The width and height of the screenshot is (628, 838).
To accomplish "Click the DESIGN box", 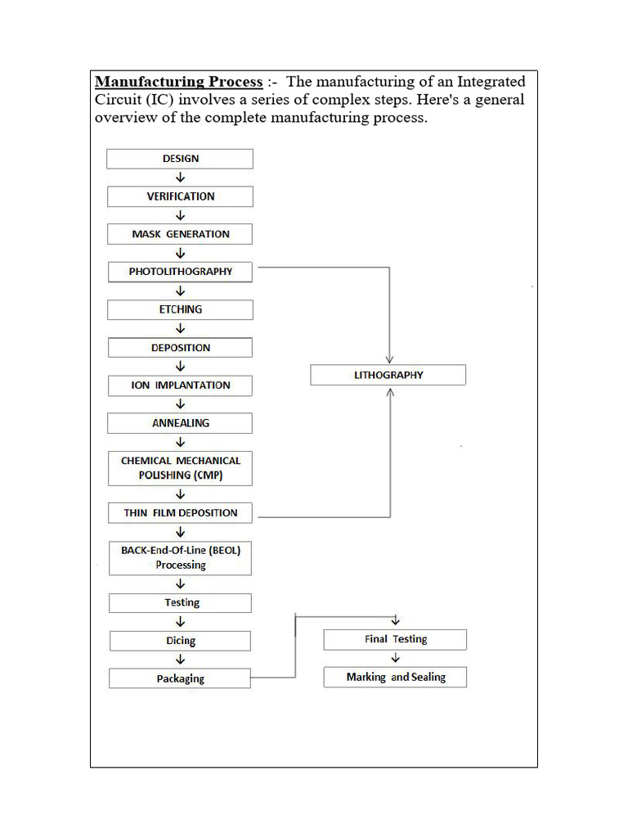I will coord(180,159).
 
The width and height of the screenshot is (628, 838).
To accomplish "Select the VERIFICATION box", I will coord(180,196).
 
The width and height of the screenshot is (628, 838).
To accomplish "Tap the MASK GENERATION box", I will coord(180,234).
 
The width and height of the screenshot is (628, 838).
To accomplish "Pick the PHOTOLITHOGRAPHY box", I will coord(180,272).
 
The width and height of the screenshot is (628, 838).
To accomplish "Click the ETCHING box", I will coord(180,310).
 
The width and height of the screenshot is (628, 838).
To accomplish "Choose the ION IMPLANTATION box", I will coord(180,385).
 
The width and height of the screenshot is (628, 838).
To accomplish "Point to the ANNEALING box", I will coord(180,423).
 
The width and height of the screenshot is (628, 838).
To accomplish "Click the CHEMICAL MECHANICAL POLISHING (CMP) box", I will coord(180,467).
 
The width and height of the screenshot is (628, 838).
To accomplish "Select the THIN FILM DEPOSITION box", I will coord(180,513).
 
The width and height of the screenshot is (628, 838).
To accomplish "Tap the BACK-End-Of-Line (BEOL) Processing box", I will coord(180,558).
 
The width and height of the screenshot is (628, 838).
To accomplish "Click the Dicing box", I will coord(180,642).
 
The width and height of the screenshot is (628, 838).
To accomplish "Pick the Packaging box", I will coord(180,678).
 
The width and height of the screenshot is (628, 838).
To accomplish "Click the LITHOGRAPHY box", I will coord(388,375).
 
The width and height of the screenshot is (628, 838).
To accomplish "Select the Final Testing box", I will coord(396,639).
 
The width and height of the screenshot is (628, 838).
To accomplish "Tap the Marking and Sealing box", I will coord(396,678).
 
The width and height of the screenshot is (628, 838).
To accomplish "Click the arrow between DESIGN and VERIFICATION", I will coord(181,178).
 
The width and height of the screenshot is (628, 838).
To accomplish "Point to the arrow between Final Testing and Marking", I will coord(396,658).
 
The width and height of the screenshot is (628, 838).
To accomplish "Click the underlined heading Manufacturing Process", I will coord(179,82).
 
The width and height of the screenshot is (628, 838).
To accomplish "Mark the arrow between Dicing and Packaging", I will coord(181,660).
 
